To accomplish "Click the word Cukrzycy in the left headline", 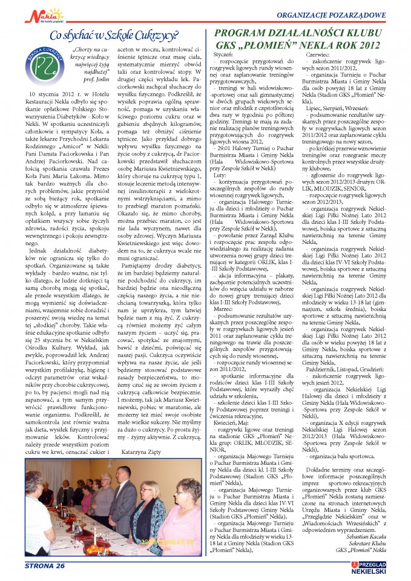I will point(156,35).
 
